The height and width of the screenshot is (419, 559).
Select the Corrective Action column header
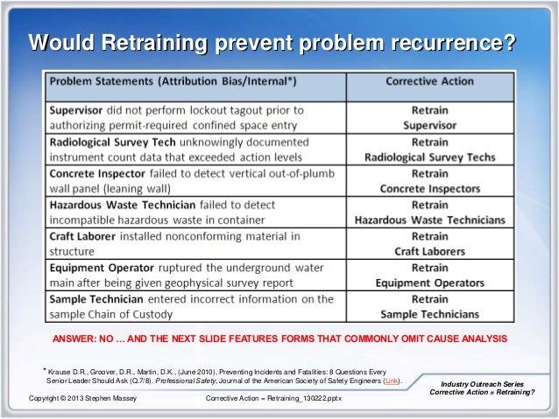429,82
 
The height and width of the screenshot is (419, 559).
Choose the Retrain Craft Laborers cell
429,243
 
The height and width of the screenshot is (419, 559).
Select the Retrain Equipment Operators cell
429,275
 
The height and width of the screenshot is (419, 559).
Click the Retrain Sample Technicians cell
429,306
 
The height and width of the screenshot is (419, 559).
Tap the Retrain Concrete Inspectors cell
429,180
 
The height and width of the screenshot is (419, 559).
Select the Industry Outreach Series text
484,383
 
